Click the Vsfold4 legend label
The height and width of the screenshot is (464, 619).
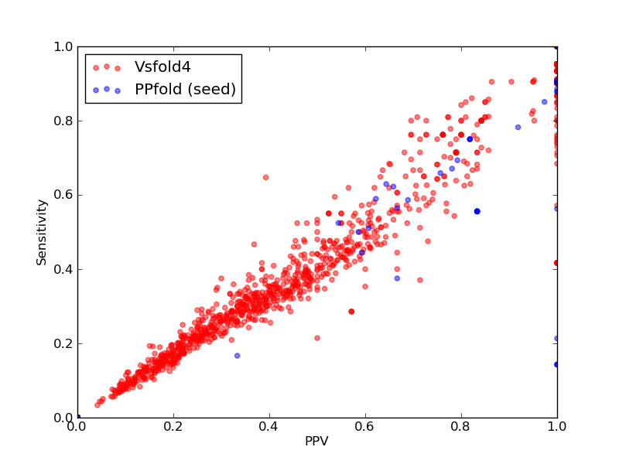162,67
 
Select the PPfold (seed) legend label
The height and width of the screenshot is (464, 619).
185,90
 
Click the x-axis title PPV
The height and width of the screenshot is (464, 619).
316,441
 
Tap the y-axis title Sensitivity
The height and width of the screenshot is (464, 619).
42,233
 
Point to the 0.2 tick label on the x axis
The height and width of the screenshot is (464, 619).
173,427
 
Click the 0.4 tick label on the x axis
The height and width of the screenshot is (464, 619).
269,427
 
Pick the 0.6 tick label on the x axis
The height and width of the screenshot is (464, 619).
365,427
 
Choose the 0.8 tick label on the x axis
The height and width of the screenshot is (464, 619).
461,427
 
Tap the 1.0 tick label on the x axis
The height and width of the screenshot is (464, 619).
557,427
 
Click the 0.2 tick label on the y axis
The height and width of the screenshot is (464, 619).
63,343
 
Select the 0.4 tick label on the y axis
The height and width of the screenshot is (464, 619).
63,269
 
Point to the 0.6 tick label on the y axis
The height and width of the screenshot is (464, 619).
63,196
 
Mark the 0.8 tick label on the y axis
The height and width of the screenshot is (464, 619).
63,121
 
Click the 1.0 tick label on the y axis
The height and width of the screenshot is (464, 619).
63,47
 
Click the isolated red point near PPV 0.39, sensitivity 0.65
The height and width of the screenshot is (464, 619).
265,178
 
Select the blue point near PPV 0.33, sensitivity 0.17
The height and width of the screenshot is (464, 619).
238,356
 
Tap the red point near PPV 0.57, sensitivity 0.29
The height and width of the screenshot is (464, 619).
351,312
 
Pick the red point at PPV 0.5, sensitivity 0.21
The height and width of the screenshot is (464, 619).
317,338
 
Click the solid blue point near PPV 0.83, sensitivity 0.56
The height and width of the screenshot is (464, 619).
477,211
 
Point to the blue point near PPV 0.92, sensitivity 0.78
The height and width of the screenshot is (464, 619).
518,128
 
